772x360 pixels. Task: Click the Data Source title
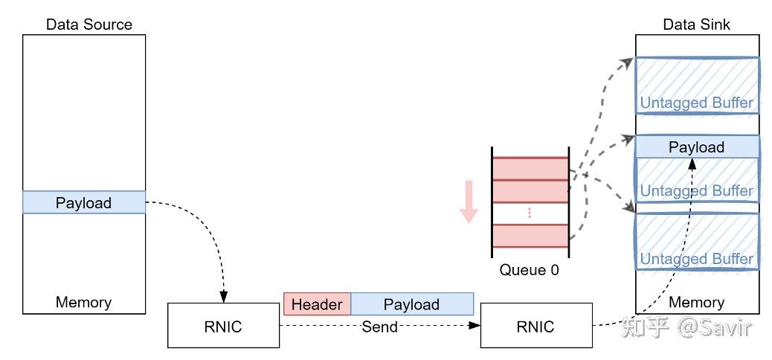(89, 25)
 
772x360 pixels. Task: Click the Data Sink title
(696, 25)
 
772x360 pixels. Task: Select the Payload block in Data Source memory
(84, 202)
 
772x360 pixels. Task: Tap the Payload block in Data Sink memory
(696, 147)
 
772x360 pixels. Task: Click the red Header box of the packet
(317, 304)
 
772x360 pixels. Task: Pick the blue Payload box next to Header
(411, 304)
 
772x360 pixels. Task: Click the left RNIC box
(223, 326)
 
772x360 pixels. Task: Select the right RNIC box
(536, 326)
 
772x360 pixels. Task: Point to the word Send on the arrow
(380, 327)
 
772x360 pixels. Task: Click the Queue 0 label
(529, 270)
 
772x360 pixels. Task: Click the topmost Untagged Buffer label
(696, 103)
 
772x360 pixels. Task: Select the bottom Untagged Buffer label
(696, 259)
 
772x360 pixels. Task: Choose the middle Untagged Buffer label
(696, 190)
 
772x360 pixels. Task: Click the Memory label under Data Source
(83, 302)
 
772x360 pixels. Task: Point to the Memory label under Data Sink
(696, 302)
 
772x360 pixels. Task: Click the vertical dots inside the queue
(530, 213)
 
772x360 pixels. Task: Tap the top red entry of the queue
(530, 168)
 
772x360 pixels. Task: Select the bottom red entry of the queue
(530, 237)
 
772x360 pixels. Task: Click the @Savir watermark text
(714, 327)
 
